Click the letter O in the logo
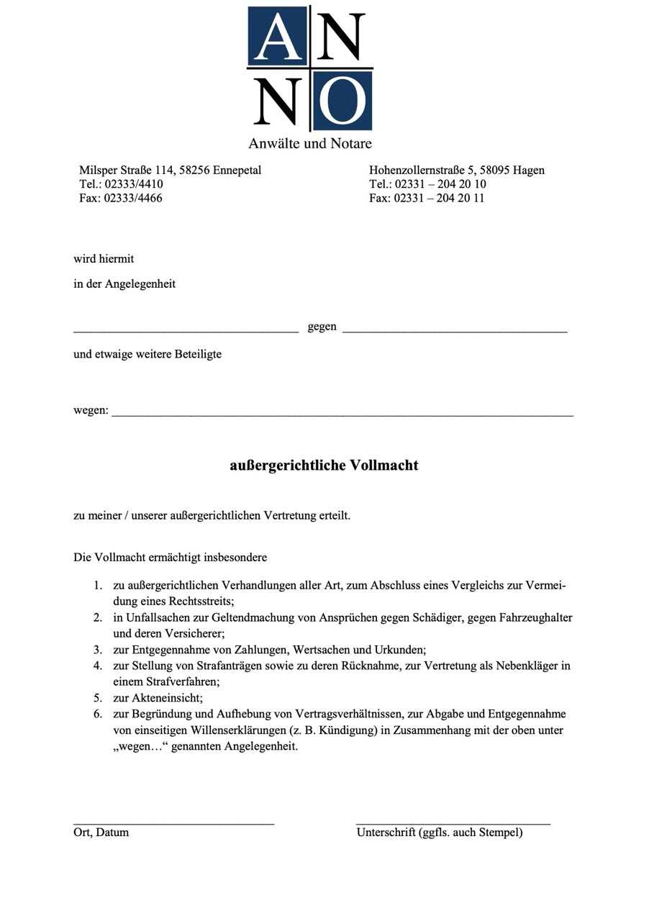coord(342,101)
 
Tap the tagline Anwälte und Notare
coord(310,143)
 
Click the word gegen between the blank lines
coord(322,327)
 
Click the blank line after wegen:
coord(342,414)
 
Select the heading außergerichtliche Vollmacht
coord(324,466)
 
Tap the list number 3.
coord(97,650)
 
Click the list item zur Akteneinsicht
coord(158,697)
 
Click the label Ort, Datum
coord(101,832)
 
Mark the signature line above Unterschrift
coord(453,822)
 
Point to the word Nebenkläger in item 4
coord(526,666)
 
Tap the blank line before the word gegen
coord(186,330)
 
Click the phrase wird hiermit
coord(104,259)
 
